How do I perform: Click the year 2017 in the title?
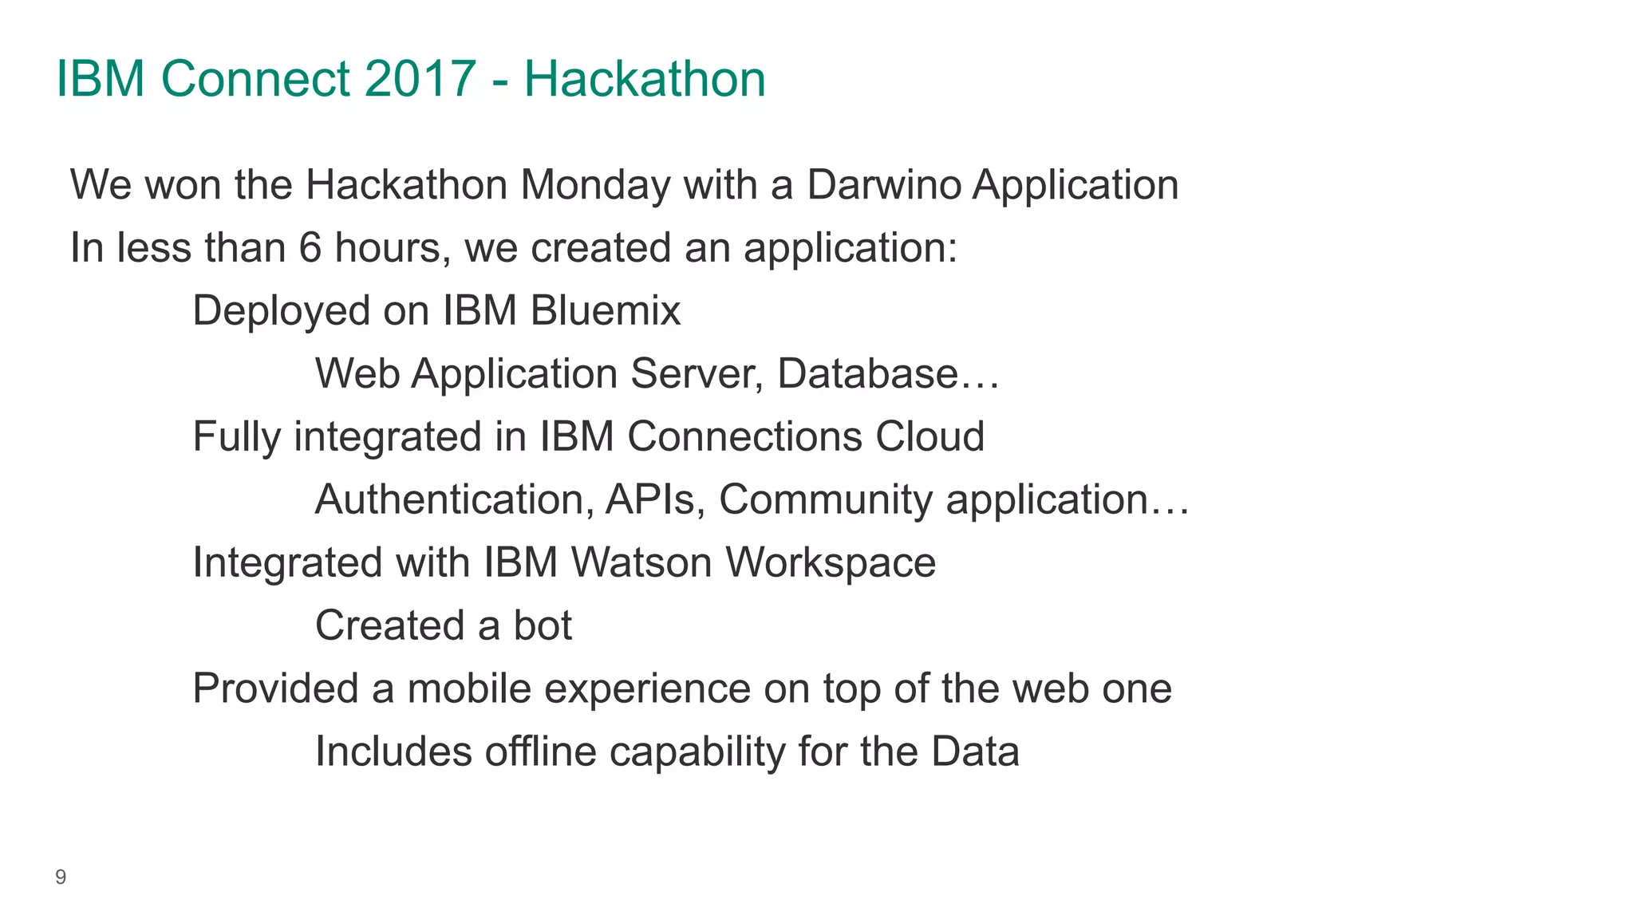[420, 79]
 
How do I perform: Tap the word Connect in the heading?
[255, 79]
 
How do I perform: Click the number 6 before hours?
[310, 248]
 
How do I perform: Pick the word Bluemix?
[605, 310]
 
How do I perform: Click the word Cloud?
[929, 436]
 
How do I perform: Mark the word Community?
[826, 499]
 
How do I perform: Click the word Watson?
[641, 562]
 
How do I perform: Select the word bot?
[543, 625]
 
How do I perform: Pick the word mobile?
[469, 688]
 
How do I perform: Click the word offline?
[540, 751]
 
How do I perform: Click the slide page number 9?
[61, 878]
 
